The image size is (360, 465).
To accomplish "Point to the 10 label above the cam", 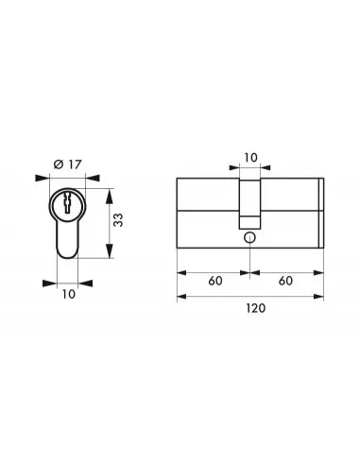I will click(x=249, y=157).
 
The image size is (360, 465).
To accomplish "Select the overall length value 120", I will click(x=250, y=309).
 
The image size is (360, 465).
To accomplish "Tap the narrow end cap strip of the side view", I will click(x=322, y=213).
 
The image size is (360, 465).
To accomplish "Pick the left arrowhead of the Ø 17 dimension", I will click(x=39, y=177).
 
